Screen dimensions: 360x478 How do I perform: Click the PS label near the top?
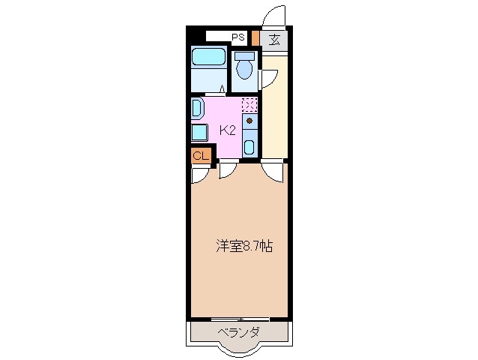coord(238,36)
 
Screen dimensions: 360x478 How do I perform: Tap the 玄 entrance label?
coord(275,40)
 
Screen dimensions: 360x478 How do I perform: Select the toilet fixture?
coord(243,67)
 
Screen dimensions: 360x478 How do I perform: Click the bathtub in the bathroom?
coord(208,57)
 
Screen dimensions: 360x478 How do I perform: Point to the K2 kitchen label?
coord(227,130)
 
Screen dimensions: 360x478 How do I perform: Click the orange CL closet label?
coord(200,155)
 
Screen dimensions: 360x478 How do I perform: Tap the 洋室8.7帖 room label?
coord(243,245)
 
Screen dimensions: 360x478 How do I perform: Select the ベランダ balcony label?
coord(239,332)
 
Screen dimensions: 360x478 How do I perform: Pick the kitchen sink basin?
coord(249,145)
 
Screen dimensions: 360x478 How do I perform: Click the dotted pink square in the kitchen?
coord(249,105)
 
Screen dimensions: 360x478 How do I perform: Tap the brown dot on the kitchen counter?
coord(249,120)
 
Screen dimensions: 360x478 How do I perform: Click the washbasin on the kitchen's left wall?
coord(196,108)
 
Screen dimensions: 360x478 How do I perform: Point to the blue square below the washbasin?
coord(198,133)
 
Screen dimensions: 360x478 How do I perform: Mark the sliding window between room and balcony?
coord(239,319)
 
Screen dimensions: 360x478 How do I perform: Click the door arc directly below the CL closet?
coord(199,175)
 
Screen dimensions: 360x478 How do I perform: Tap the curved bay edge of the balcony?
coord(239,349)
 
